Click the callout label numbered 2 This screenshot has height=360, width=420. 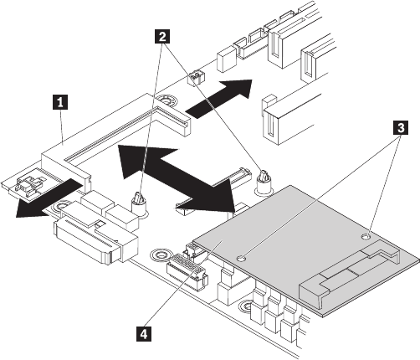pyautogui.click(x=161, y=37)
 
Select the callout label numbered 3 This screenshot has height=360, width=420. pyautogui.click(x=400, y=128)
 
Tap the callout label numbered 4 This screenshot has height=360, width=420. pyautogui.click(x=144, y=334)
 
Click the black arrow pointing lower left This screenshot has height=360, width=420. pyautogui.click(x=49, y=199)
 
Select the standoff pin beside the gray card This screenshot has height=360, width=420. pyautogui.click(x=263, y=182)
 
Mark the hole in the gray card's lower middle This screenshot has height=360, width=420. pyautogui.click(x=242, y=259)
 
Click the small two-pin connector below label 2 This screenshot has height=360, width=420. pyautogui.click(x=195, y=79)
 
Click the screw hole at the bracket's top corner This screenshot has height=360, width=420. pyautogui.click(x=166, y=100)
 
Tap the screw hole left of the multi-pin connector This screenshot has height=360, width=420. pyautogui.click(x=159, y=255)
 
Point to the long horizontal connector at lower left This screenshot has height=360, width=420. pyautogui.click(x=95, y=236)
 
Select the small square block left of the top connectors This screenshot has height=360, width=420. pyautogui.click(x=226, y=59)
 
